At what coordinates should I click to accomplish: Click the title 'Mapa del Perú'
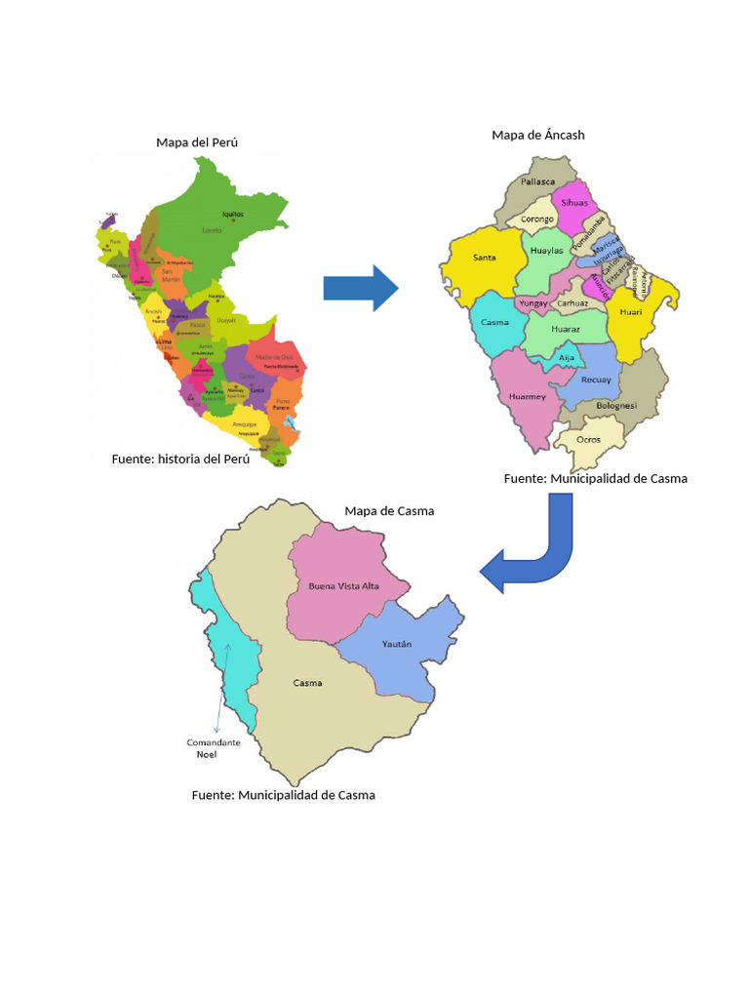coord(197,142)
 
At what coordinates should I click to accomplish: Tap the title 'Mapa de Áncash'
coord(538,135)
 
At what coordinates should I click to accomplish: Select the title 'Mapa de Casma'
coord(389,511)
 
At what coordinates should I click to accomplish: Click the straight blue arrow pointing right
coord(360,288)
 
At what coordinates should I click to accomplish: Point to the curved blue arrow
coord(534,552)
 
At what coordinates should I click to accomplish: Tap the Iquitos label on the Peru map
coord(232,214)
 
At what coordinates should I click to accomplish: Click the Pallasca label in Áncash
coord(537,181)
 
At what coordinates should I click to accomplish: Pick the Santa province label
coord(485,258)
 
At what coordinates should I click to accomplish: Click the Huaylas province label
coord(546,251)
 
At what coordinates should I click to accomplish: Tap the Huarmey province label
coord(527,396)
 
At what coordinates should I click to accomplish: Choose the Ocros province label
coord(588,439)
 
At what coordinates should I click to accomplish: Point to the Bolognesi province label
coord(616,405)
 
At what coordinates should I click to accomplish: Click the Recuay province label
coord(596,380)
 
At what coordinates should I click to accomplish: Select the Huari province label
coord(631,313)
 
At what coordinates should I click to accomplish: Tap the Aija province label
coord(567,358)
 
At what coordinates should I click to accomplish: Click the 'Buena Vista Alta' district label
coord(343,586)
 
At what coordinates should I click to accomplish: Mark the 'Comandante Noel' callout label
coord(213,748)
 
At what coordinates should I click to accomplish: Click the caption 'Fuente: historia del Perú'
coord(180,459)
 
